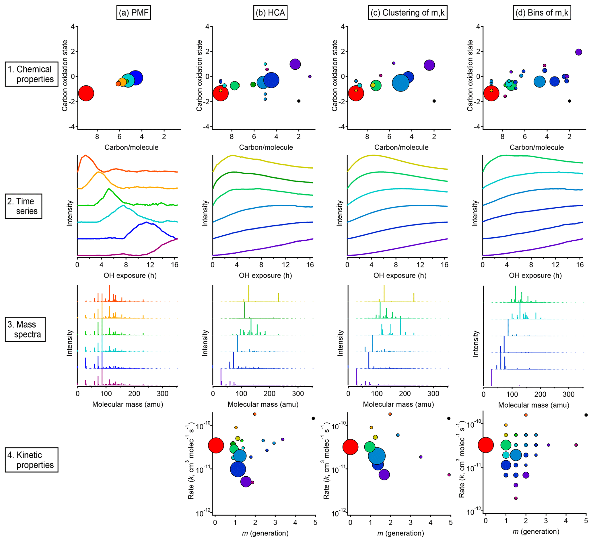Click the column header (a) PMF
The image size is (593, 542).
[133, 13]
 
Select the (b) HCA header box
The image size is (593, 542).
[270, 13]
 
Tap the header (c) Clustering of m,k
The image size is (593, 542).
[407, 13]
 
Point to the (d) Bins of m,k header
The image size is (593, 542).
[542, 13]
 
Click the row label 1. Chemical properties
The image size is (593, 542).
[32, 74]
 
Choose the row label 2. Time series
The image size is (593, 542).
[24, 206]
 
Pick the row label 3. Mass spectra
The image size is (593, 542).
[25, 329]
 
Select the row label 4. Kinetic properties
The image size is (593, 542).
[32, 460]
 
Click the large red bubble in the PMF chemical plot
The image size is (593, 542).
[86, 93]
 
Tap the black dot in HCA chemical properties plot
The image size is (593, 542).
[299, 101]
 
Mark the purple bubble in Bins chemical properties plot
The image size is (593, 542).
[578, 52]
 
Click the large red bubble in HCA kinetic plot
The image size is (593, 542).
[216, 445]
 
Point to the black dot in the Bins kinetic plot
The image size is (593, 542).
[586, 415]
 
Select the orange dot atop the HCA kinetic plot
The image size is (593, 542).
[254, 414]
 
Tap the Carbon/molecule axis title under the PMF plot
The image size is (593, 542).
[131, 147]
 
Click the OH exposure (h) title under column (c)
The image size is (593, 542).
[400, 275]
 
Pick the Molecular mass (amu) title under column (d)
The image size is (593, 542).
[533, 405]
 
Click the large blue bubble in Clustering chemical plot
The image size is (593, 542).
[400, 83]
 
